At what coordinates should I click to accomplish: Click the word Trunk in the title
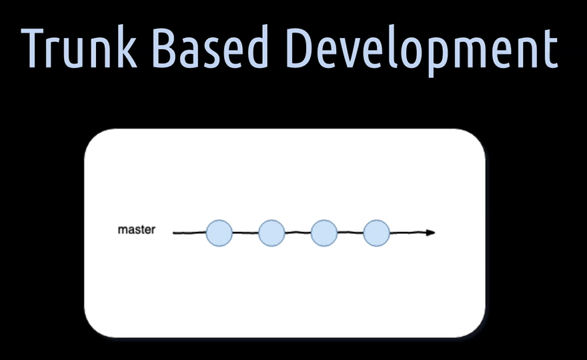point(79,47)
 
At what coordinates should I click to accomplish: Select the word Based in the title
point(210,47)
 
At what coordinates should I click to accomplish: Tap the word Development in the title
point(422,51)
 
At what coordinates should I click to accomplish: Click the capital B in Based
point(166,48)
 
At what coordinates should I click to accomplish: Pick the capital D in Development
point(301,48)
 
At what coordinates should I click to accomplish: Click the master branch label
point(136,229)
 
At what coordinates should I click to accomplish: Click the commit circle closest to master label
point(219,233)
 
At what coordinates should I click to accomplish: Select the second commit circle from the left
point(271,233)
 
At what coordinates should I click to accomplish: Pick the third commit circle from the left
point(324,233)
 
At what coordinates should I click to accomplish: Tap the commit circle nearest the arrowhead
point(377,233)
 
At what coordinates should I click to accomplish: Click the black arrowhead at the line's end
point(430,233)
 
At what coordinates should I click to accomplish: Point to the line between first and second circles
point(245,233)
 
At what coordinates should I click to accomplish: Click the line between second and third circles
point(298,233)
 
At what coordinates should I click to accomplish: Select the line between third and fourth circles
point(350,233)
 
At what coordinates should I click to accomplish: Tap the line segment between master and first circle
point(189,233)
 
